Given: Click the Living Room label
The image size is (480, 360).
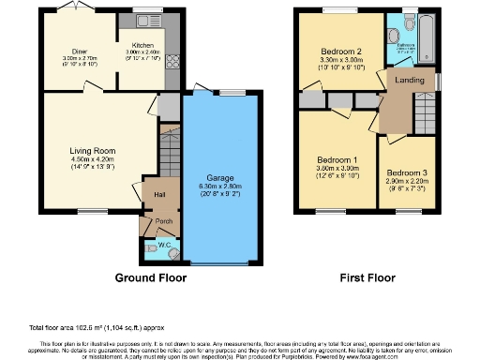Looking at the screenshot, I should click(x=92, y=150).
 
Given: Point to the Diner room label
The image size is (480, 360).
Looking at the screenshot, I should click(x=79, y=52).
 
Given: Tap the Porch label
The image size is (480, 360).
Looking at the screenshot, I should click(x=164, y=222).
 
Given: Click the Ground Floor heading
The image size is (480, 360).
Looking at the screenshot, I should click(x=150, y=278).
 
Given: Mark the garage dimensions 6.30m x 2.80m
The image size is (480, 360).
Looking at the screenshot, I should click(x=219, y=187).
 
